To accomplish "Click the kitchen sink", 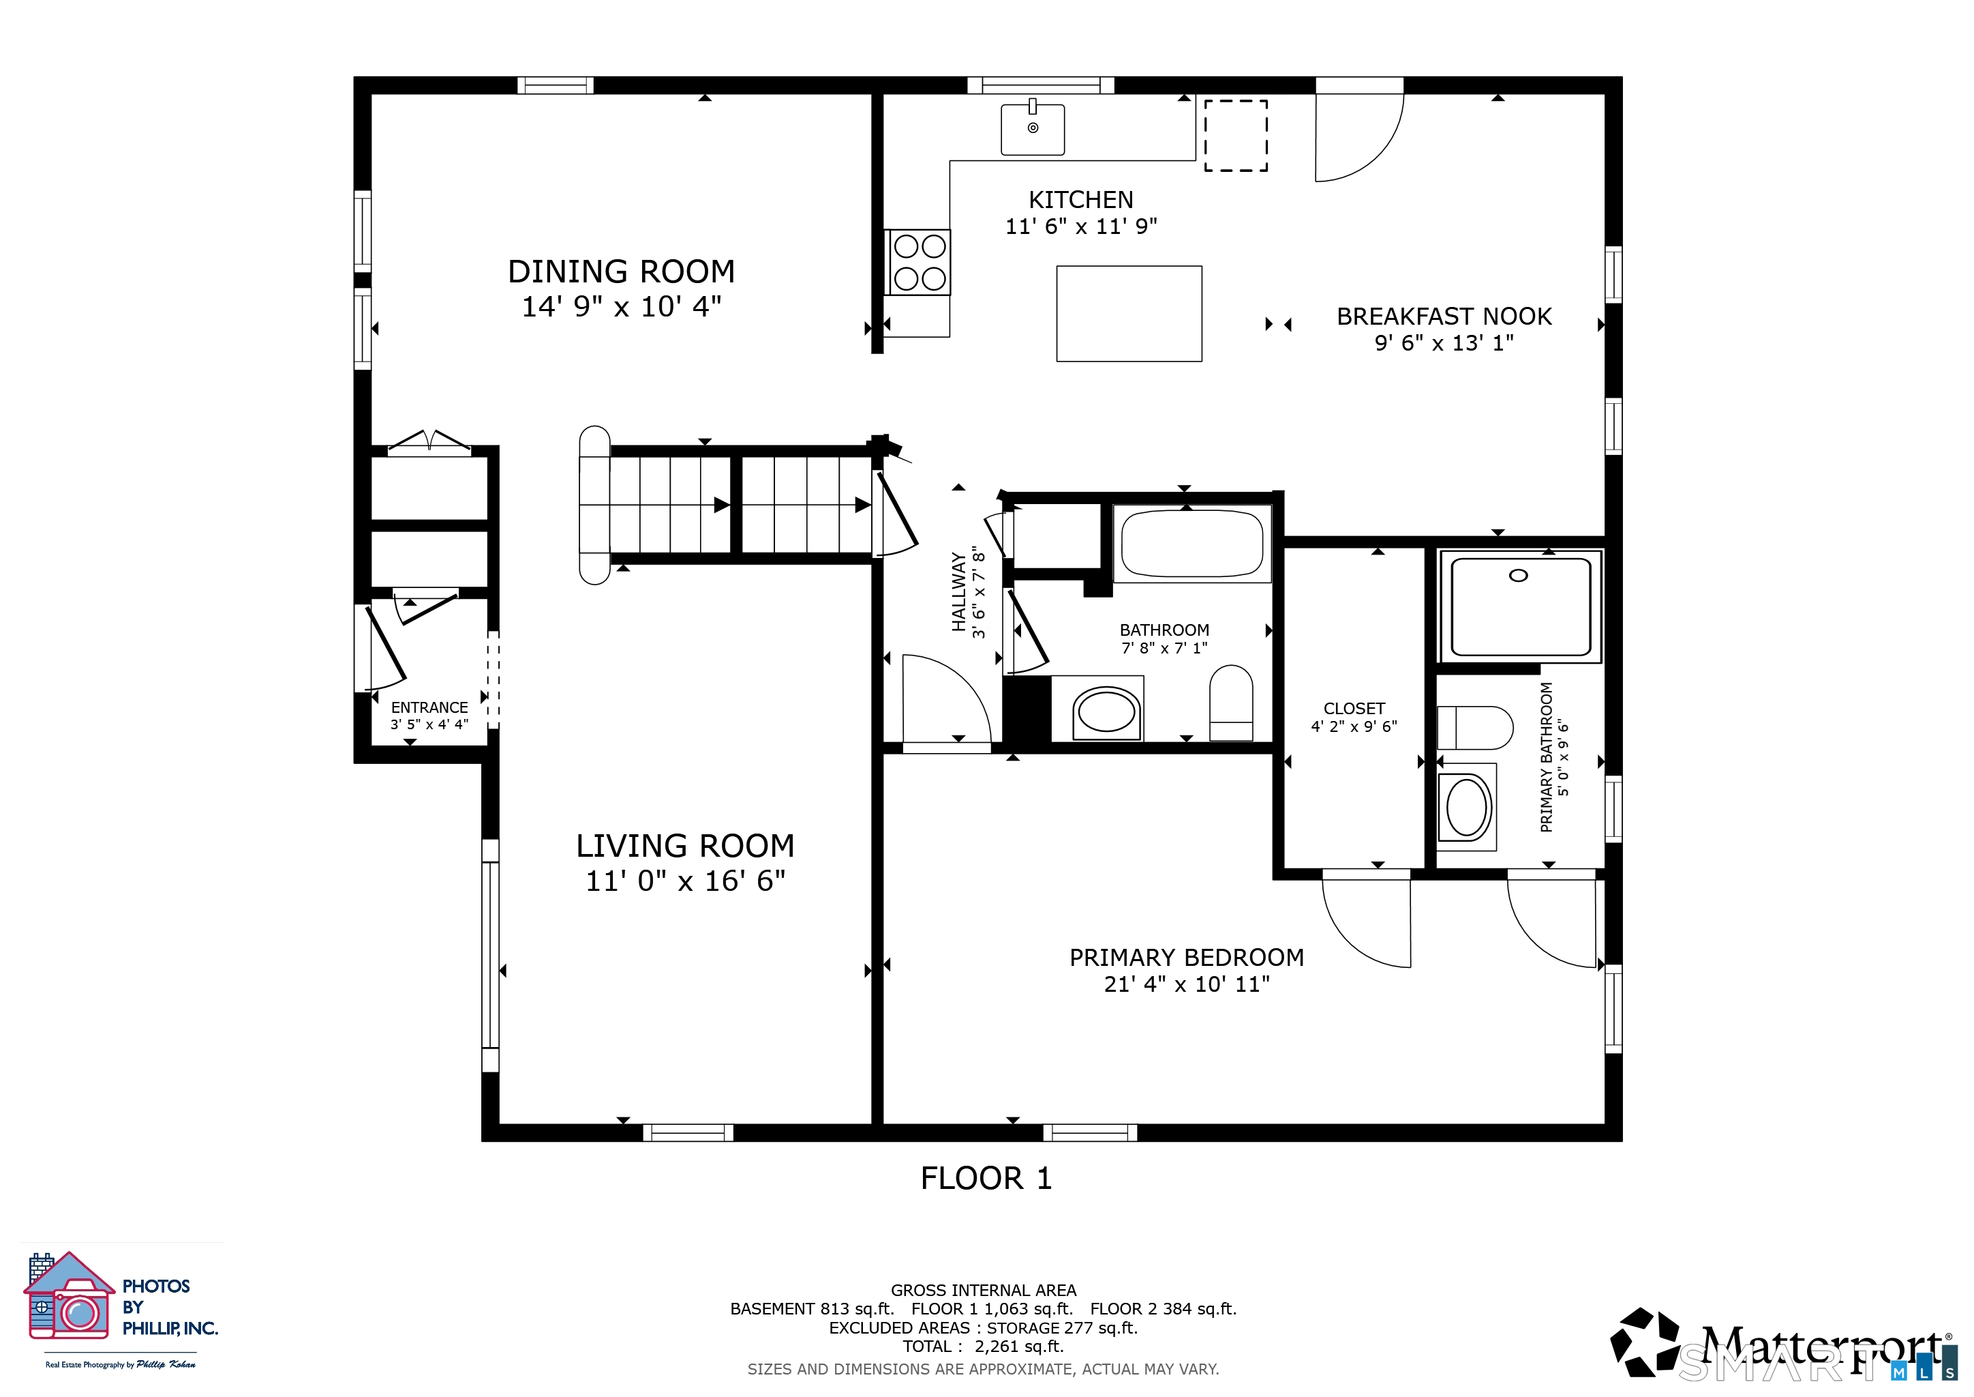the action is click(x=1033, y=129).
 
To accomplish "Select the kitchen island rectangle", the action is click(x=1129, y=313).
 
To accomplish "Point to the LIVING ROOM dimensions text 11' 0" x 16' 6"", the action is click(x=685, y=881).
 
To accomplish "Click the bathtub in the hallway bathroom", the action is click(x=1192, y=544).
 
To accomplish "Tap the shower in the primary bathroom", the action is click(x=1520, y=606).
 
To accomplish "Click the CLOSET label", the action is click(x=1354, y=708).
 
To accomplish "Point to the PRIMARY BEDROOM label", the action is click(x=1187, y=958).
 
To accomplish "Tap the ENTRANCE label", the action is click(x=429, y=707).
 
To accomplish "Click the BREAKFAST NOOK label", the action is click(x=1444, y=317).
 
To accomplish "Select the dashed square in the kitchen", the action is click(x=1236, y=135).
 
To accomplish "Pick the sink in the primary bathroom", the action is click(x=1467, y=807).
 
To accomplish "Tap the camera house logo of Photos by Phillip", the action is click(x=69, y=1295).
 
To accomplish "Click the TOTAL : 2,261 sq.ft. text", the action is click(x=983, y=1347).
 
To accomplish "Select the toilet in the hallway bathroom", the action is click(x=1231, y=702).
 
